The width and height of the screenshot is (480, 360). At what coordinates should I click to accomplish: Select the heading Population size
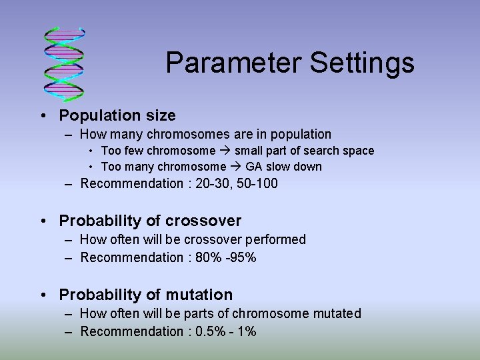point(117,115)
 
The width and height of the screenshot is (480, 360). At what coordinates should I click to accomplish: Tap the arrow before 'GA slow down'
point(236,167)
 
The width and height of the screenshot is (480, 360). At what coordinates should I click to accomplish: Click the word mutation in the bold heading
point(199,295)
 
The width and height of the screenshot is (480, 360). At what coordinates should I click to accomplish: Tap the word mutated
point(337,313)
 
